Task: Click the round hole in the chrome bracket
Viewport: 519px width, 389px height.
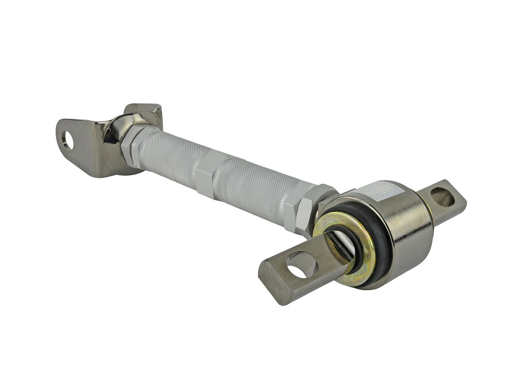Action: pos(68,140)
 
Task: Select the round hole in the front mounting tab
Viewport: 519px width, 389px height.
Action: pos(302,265)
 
